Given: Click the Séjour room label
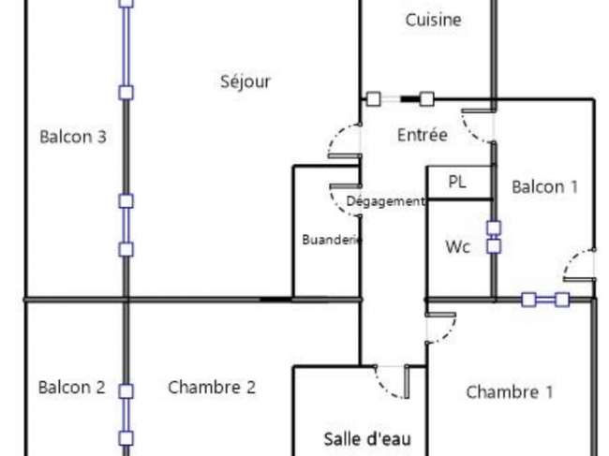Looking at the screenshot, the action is pos(245,81).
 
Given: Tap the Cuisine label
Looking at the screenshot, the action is pos(434,20).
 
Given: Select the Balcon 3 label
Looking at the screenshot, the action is pos(73,137).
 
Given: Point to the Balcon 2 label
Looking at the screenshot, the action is pos(72,388).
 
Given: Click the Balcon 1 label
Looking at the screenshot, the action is pos(545,187).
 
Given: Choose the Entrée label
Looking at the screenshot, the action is pos(423,135).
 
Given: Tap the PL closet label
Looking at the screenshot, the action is pos(457,182).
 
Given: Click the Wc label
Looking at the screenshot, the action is pos(458,247).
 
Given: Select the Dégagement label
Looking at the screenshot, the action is pos(385,201).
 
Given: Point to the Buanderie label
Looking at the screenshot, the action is pos(332,240).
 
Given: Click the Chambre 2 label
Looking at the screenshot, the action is pos(212,388).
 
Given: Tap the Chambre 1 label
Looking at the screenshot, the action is pos(510,392).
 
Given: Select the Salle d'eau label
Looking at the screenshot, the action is pos(367,439).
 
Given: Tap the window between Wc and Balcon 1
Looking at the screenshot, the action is pos(494,237).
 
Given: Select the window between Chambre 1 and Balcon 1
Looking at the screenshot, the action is pos(545,300).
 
